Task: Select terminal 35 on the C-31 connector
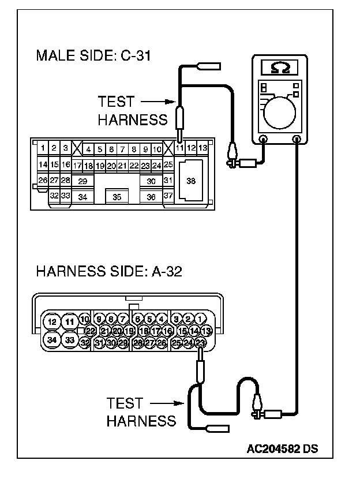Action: pos(117,197)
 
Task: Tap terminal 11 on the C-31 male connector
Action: pos(179,148)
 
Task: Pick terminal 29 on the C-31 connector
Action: pos(82,181)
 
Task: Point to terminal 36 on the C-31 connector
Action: pos(151,197)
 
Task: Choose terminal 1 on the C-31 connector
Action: pos(43,148)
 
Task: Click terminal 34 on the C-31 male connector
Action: pos(82,197)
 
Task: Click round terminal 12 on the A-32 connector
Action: pos(52,321)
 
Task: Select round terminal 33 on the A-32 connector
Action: pos(70,340)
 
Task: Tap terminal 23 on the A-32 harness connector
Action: pos(201,343)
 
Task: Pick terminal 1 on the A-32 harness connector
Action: pos(200,319)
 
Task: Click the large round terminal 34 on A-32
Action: pos(52,340)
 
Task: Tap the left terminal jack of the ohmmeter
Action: pos(263,139)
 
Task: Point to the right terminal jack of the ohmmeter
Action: pos(297,139)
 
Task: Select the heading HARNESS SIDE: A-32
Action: pos(109,271)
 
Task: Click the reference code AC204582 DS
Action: pos(283,448)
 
